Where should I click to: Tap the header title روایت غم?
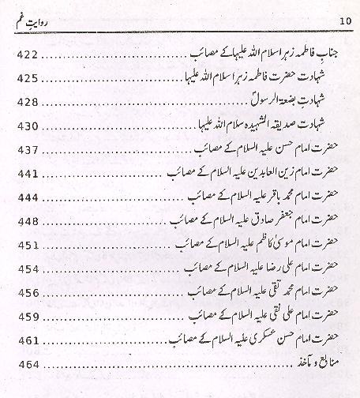tap(38, 18)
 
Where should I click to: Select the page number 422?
tap(28, 54)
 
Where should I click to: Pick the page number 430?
tap(28, 126)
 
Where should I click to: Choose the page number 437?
tap(28, 149)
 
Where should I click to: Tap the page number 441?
tap(28, 173)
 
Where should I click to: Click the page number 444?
tap(28, 197)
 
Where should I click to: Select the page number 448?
tap(28, 221)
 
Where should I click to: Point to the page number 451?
tap(28, 245)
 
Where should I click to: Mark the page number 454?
tap(28, 268)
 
